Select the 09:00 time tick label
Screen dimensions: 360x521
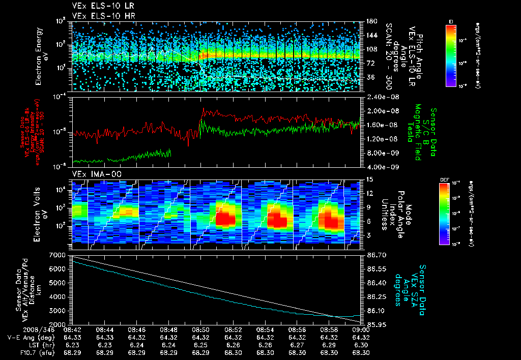[361, 329]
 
